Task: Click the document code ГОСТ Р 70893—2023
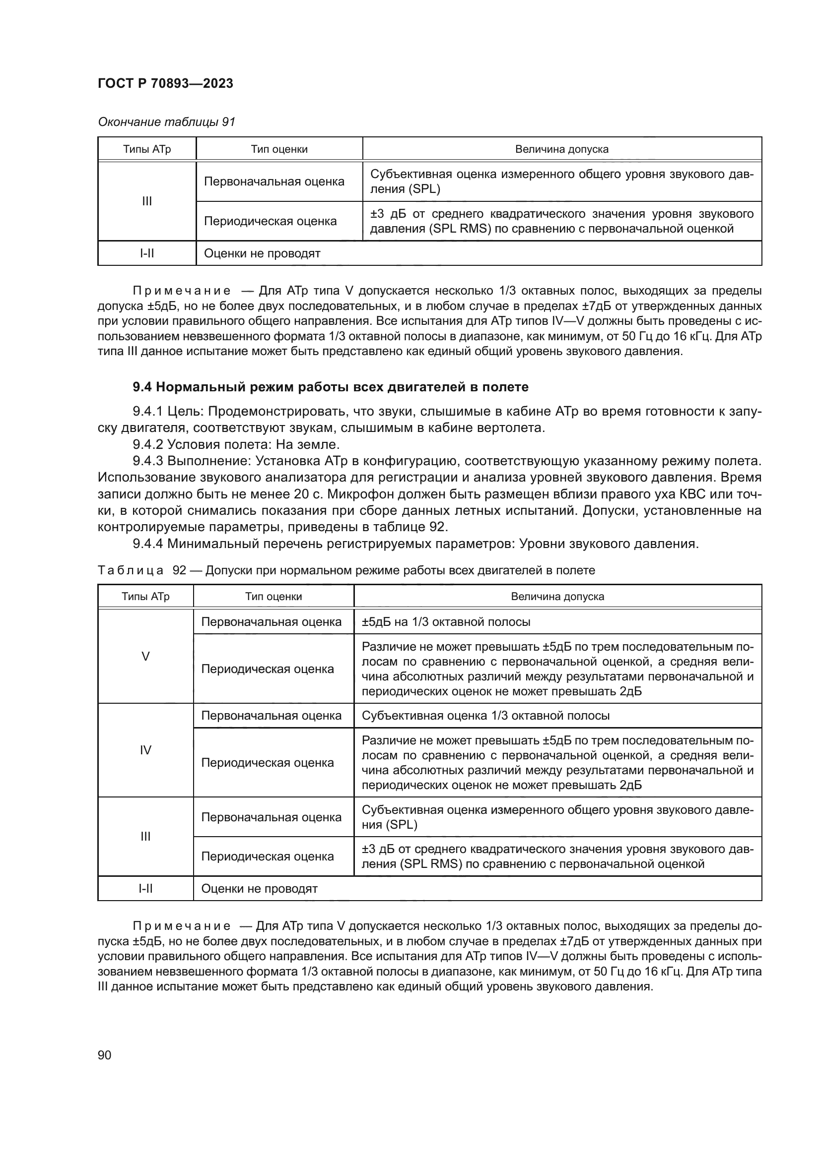(165, 83)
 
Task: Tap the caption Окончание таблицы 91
(166, 122)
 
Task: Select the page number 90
(104, 1055)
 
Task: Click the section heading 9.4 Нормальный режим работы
(330, 387)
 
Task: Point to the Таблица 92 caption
(346, 570)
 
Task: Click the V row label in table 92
(145, 656)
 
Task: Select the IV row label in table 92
(145, 750)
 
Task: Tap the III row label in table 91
(146, 201)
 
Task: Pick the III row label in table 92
(145, 836)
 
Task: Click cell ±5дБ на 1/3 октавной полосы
(446, 622)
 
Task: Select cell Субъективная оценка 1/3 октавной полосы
(485, 716)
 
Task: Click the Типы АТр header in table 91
(146, 149)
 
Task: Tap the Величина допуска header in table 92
(557, 596)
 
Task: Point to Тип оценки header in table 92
(274, 596)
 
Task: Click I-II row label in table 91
(146, 253)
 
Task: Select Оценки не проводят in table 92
(259, 888)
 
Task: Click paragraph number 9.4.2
(148, 444)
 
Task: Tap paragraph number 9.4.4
(148, 544)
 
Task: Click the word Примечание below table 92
(182, 926)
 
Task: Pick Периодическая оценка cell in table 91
(270, 221)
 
